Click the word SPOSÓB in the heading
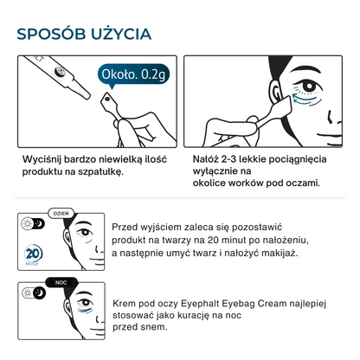tap(51, 34)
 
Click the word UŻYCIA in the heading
tap(121, 33)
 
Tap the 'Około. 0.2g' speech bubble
tap(133, 74)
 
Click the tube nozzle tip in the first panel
tap(87, 96)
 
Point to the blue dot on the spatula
tap(107, 99)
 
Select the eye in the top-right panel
tap(307, 87)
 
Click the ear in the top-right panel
tap(276, 90)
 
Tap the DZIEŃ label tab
tap(61, 214)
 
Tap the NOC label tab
tap(61, 282)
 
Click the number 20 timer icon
tap(33, 254)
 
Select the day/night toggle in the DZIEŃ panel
tap(33, 223)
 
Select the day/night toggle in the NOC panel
tap(34, 292)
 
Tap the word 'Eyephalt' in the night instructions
tap(200, 304)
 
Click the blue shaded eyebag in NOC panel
tap(86, 310)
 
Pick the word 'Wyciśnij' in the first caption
tap(42, 159)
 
